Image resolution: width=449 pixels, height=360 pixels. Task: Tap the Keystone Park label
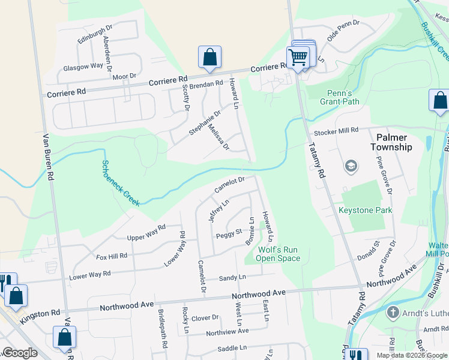[365, 211]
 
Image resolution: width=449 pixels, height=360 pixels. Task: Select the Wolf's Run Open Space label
[279, 254]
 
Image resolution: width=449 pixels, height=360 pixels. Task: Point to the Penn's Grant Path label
[343, 97]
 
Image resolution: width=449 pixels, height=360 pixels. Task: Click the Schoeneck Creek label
[121, 183]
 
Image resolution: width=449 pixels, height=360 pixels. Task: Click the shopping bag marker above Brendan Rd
[210, 57]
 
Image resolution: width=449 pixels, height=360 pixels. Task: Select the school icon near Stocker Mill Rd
[351, 166]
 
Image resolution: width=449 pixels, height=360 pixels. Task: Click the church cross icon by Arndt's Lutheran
[393, 312]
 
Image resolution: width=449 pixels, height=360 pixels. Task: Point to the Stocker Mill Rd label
[336, 130]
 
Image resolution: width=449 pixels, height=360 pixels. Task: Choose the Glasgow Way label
[83, 67]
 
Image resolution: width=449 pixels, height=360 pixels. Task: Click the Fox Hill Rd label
[112, 256]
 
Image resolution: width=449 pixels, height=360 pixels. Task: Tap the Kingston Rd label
[40, 313]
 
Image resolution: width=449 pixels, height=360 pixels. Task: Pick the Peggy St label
[228, 232]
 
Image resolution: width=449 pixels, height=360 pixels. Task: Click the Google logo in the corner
[20, 353]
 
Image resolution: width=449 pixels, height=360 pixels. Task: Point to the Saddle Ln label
[232, 348]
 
